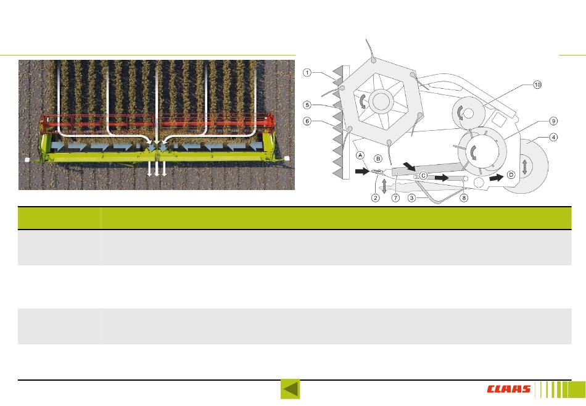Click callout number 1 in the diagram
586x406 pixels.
[307, 73]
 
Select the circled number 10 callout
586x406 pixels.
[537, 85]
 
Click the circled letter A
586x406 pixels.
[360, 156]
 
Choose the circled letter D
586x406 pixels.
[511, 175]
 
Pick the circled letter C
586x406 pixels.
[424, 175]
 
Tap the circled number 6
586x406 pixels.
[307, 121]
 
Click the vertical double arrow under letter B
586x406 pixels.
[384, 185]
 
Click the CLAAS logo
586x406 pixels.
[509, 389]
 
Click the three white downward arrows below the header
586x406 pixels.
[157, 169]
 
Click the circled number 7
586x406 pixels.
[395, 198]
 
